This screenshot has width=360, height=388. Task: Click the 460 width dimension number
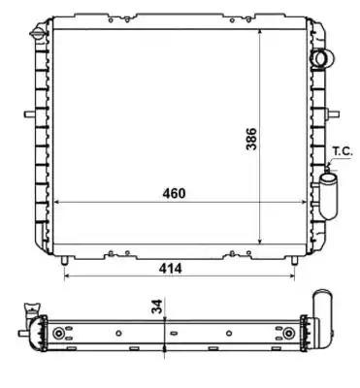coord(174,193)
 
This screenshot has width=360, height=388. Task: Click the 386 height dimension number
coord(251,139)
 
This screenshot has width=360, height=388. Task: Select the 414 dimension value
coord(170,268)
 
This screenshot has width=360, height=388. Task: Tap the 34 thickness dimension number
coord(157,307)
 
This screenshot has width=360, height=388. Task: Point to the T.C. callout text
coord(343,151)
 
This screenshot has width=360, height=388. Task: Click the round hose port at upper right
coord(322,59)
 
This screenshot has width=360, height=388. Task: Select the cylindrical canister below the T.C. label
coord(328,195)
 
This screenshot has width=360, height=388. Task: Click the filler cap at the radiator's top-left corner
coord(38,33)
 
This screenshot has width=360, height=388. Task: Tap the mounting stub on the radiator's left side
coord(30,114)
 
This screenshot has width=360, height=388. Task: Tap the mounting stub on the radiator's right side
coord(334,113)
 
